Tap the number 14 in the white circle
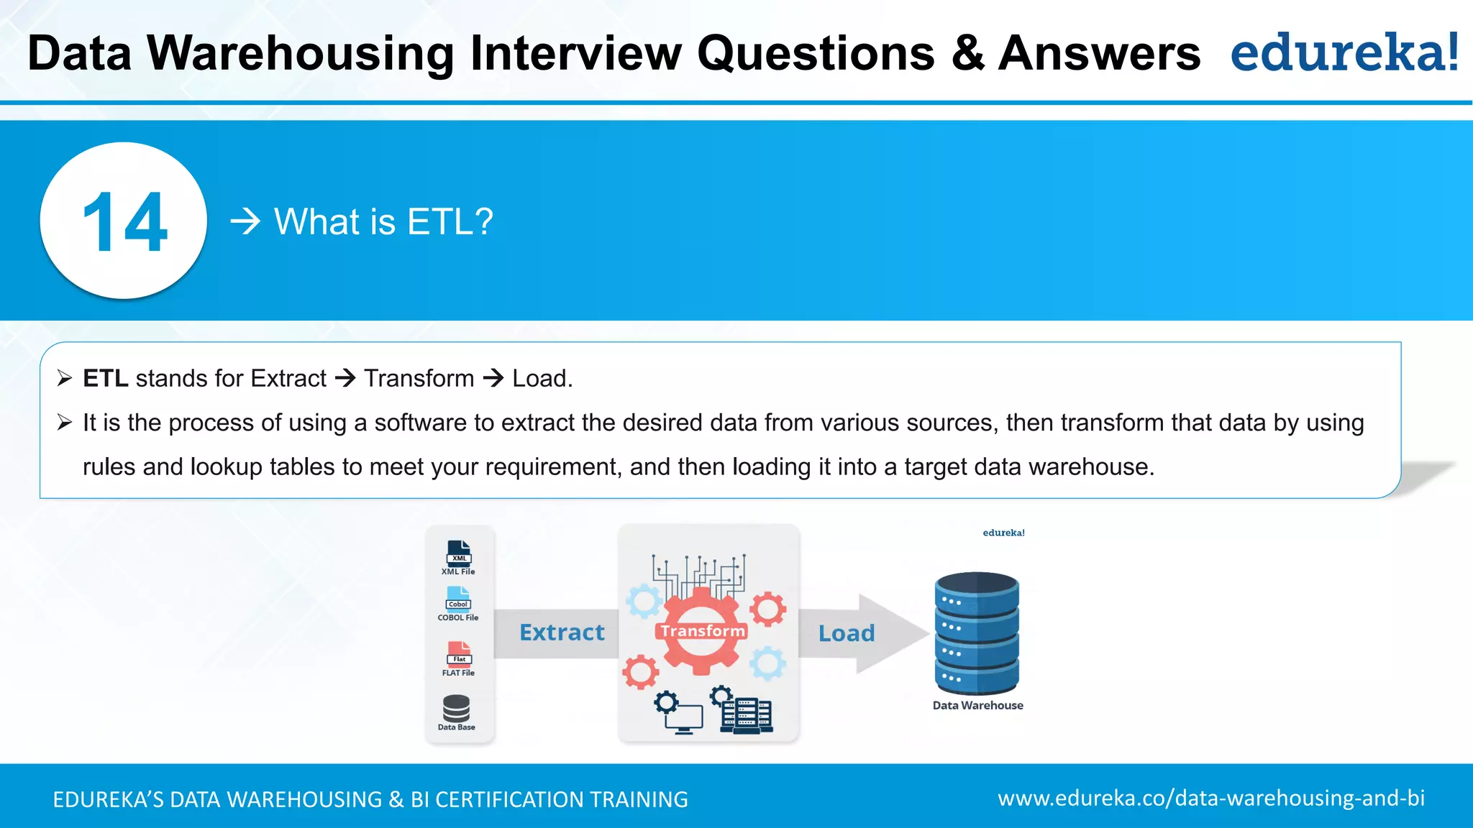click(x=124, y=222)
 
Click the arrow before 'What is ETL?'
click(x=245, y=221)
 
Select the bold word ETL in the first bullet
click(x=105, y=378)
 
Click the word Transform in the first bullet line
click(x=419, y=378)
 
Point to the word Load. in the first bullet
click(x=542, y=378)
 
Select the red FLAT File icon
click(x=459, y=653)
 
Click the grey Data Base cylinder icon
click(x=457, y=708)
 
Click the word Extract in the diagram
click(x=562, y=632)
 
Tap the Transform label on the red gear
click(x=702, y=631)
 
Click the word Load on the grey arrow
click(x=847, y=633)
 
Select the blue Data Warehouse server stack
click(x=977, y=632)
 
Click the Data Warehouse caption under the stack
click(x=977, y=705)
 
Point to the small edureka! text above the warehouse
click(x=1003, y=533)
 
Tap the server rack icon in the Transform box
click(x=747, y=714)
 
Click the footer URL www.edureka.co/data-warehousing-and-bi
click(x=1210, y=798)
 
